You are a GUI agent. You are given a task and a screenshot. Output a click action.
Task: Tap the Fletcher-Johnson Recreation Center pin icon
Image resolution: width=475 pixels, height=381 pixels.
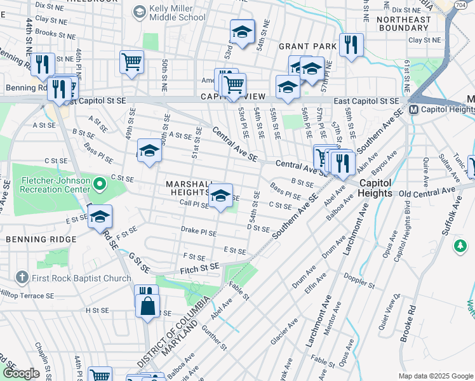(99, 185)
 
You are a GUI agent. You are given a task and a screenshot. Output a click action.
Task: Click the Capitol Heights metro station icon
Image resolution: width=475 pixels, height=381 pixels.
(413, 109)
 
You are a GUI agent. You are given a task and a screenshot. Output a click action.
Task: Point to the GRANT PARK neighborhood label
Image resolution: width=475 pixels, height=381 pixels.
(307, 46)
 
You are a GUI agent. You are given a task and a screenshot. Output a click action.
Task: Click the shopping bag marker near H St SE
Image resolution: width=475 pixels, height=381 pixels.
(147, 305)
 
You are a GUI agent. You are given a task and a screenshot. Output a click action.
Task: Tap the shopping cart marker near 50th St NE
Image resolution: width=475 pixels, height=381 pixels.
(131, 62)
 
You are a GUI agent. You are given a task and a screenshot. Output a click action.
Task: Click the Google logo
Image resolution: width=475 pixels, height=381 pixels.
(21, 373)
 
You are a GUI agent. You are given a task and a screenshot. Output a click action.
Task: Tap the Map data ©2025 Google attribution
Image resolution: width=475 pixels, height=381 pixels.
(435, 376)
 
